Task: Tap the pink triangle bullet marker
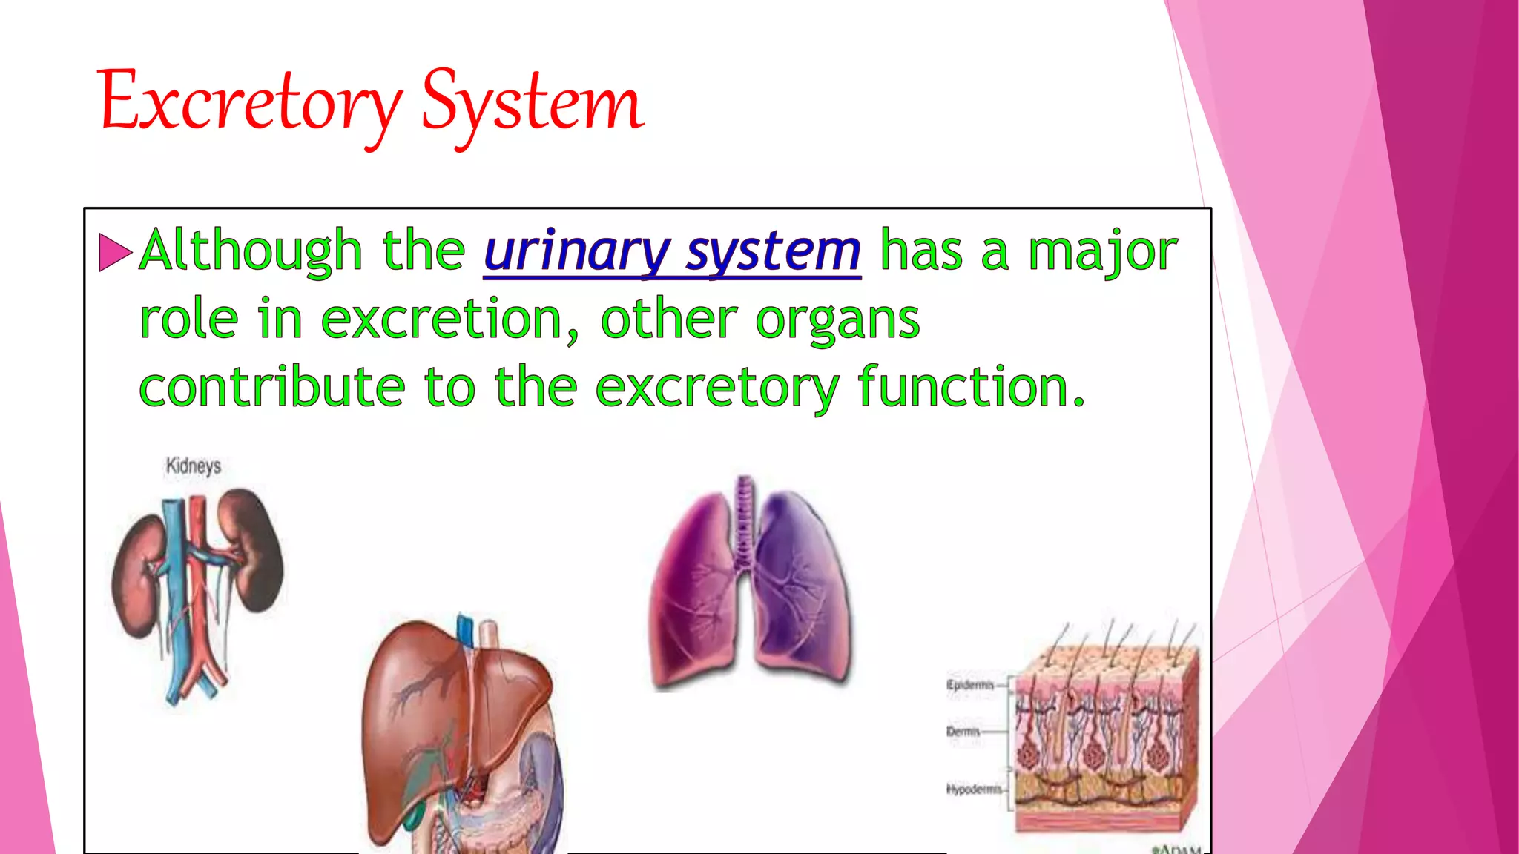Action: click(114, 252)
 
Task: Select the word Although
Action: click(251, 251)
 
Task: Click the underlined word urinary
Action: click(577, 252)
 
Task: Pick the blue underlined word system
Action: click(773, 252)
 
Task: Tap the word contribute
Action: click(271, 387)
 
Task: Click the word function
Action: click(970, 387)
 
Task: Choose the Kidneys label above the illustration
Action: click(194, 466)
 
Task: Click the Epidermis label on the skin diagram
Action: click(969, 685)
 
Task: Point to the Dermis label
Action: click(963, 732)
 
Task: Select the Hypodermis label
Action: click(974, 790)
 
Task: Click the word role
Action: click(188, 320)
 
